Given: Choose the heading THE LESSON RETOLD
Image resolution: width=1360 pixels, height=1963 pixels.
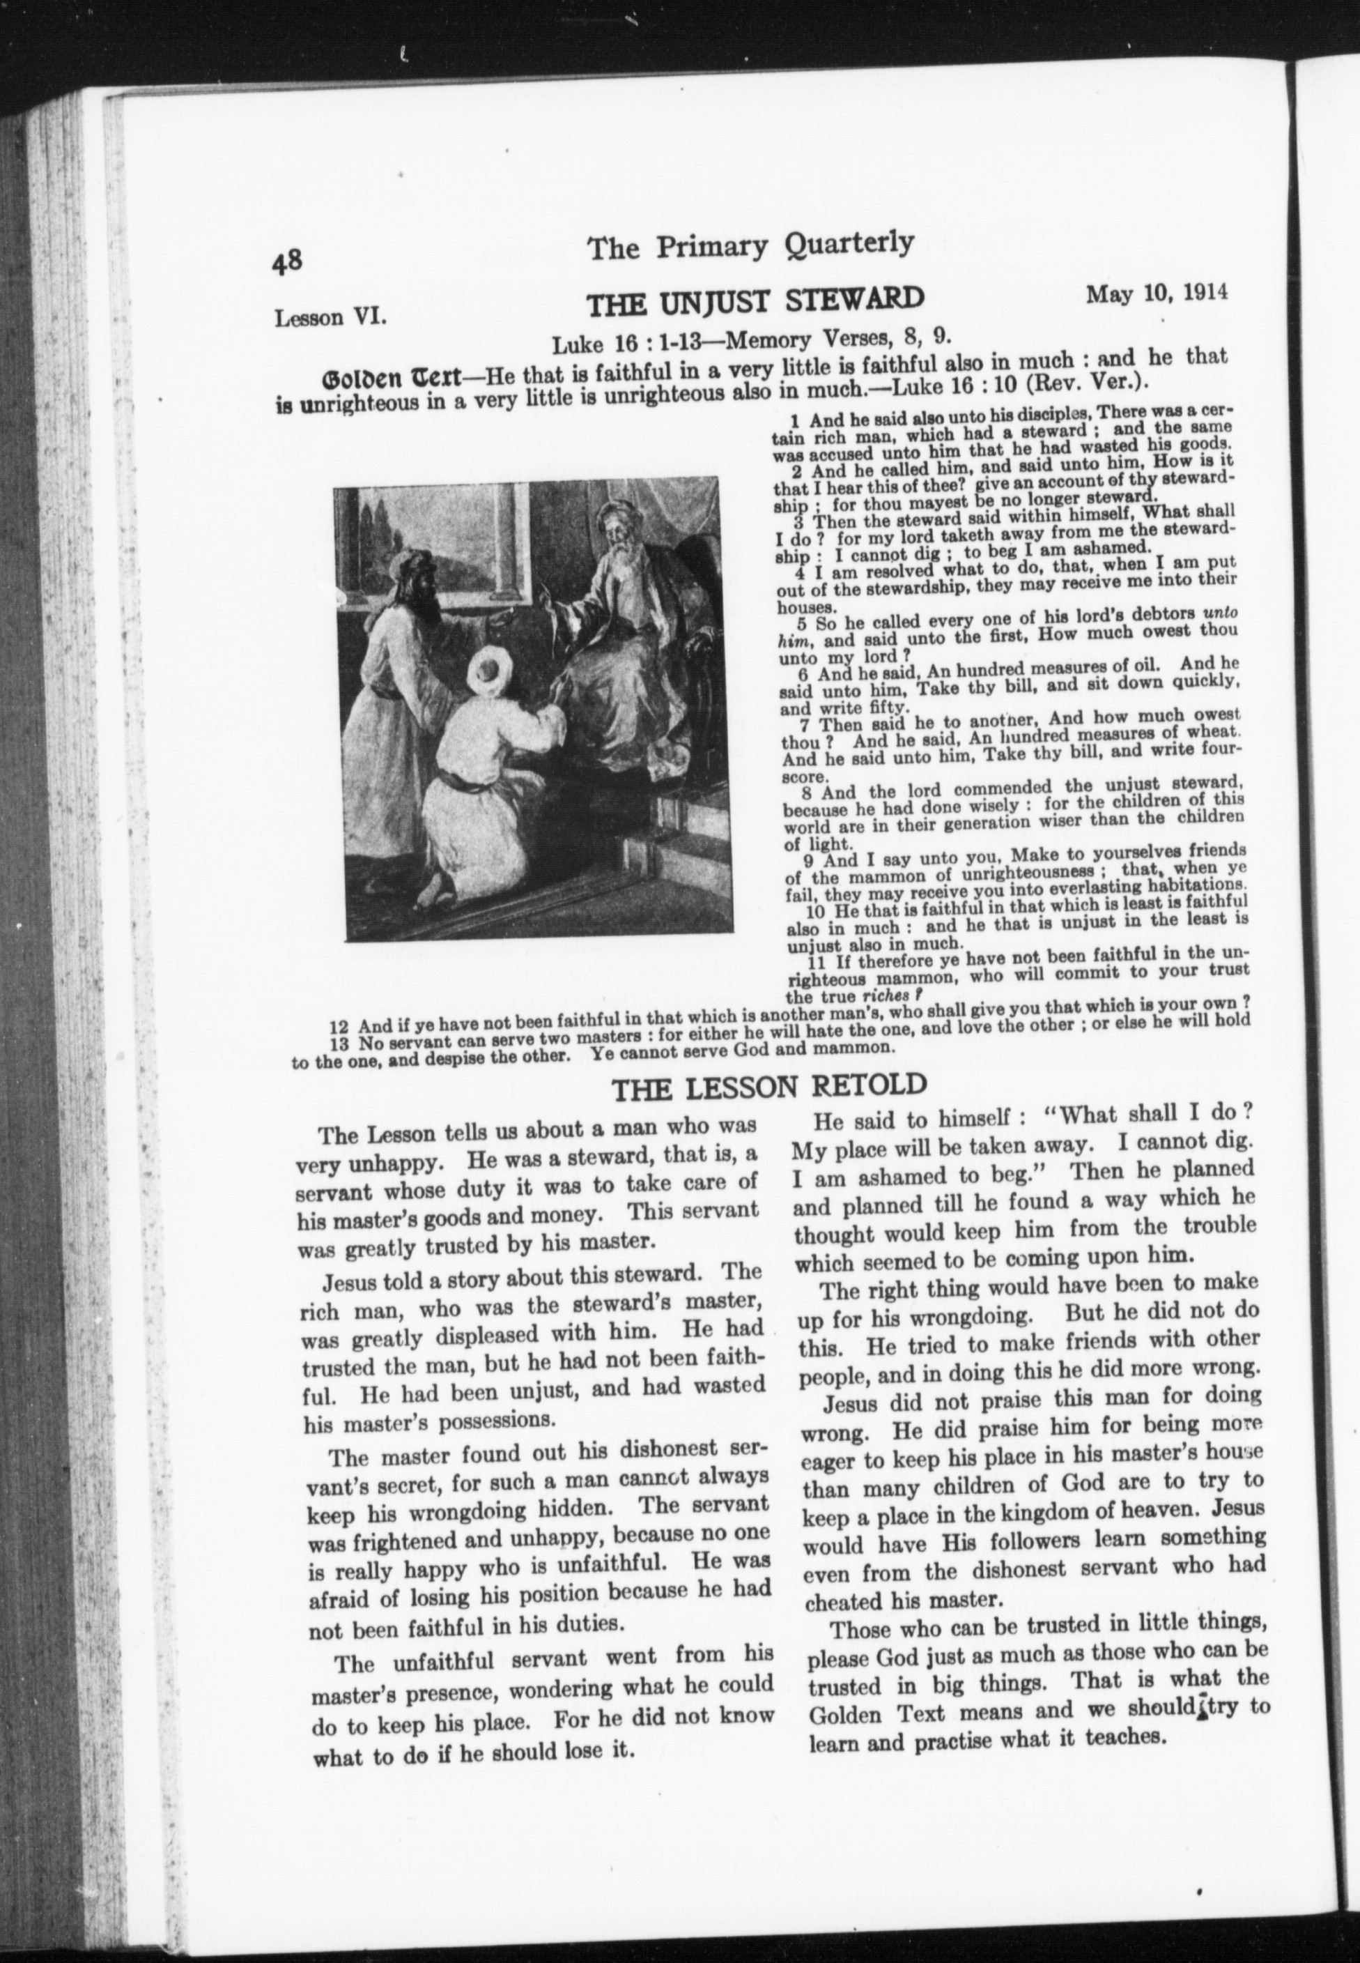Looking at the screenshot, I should (769, 1087).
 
